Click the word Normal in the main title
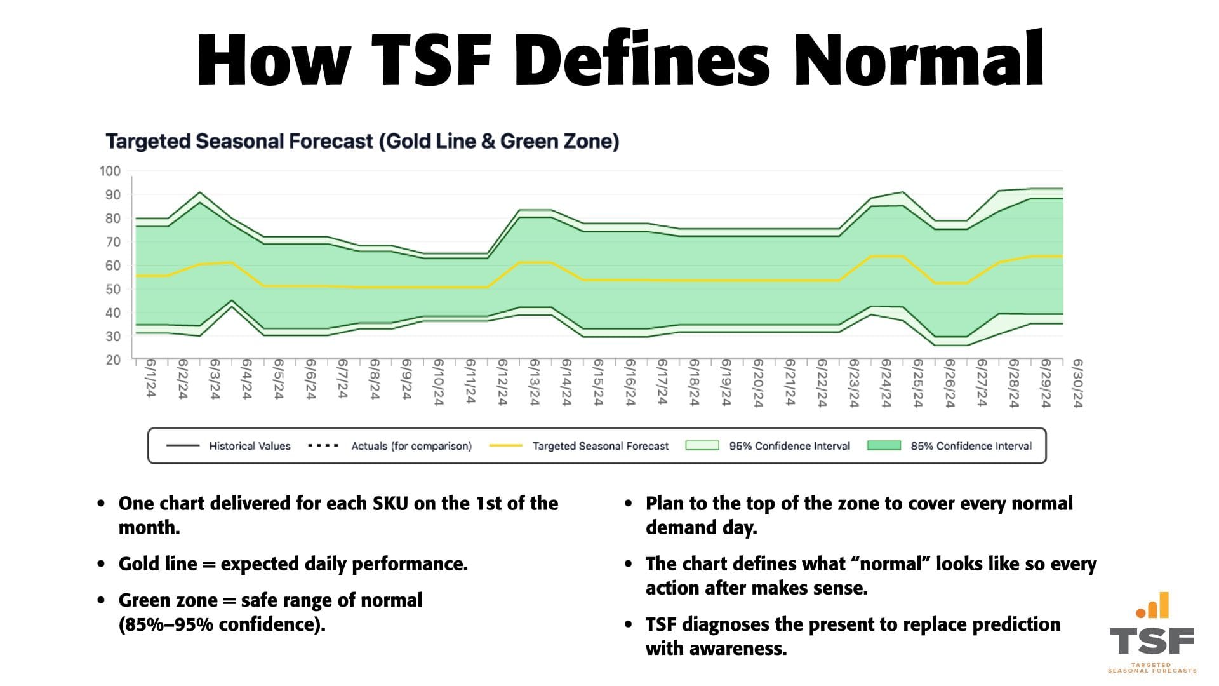[919, 60]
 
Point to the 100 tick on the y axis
[110, 171]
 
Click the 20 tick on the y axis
[112, 360]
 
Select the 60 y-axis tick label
[112, 266]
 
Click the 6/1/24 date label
[150, 379]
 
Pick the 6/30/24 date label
[1077, 383]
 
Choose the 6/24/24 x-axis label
[886, 383]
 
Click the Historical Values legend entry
[250, 446]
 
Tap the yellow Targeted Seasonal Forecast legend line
[505, 446]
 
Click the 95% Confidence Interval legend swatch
[702, 446]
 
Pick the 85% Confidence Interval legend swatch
[883, 446]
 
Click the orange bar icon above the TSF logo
[1153, 606]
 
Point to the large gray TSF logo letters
[1151, 642]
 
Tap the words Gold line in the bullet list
[157, 564]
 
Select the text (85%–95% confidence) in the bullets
[222, 624]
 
